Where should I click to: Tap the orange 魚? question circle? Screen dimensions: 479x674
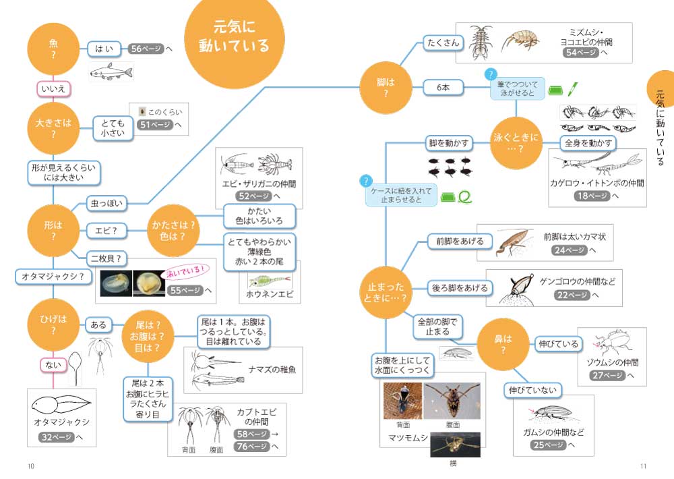tap(53, 49)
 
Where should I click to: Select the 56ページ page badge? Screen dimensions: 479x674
tap(146, 49)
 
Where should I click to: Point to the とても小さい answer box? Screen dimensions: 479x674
tap(113, 128)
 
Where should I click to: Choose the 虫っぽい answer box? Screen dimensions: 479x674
tap(108, 202)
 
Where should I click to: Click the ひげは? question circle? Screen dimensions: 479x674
tap(53, 325)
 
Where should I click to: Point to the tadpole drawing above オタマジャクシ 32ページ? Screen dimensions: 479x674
tap(60, 405)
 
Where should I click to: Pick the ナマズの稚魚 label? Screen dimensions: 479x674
tap(272, 370)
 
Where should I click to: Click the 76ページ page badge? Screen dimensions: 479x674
tap(251, 446)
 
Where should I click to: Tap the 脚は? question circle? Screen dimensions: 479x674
tap(386, 87)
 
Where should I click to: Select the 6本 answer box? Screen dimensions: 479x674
tap(442, 87)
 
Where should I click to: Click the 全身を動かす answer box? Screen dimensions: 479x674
tap(589, 143)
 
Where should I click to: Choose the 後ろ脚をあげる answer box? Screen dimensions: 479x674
tap(460, 288)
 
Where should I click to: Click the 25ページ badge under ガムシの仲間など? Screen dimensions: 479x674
tap(547, 445)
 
